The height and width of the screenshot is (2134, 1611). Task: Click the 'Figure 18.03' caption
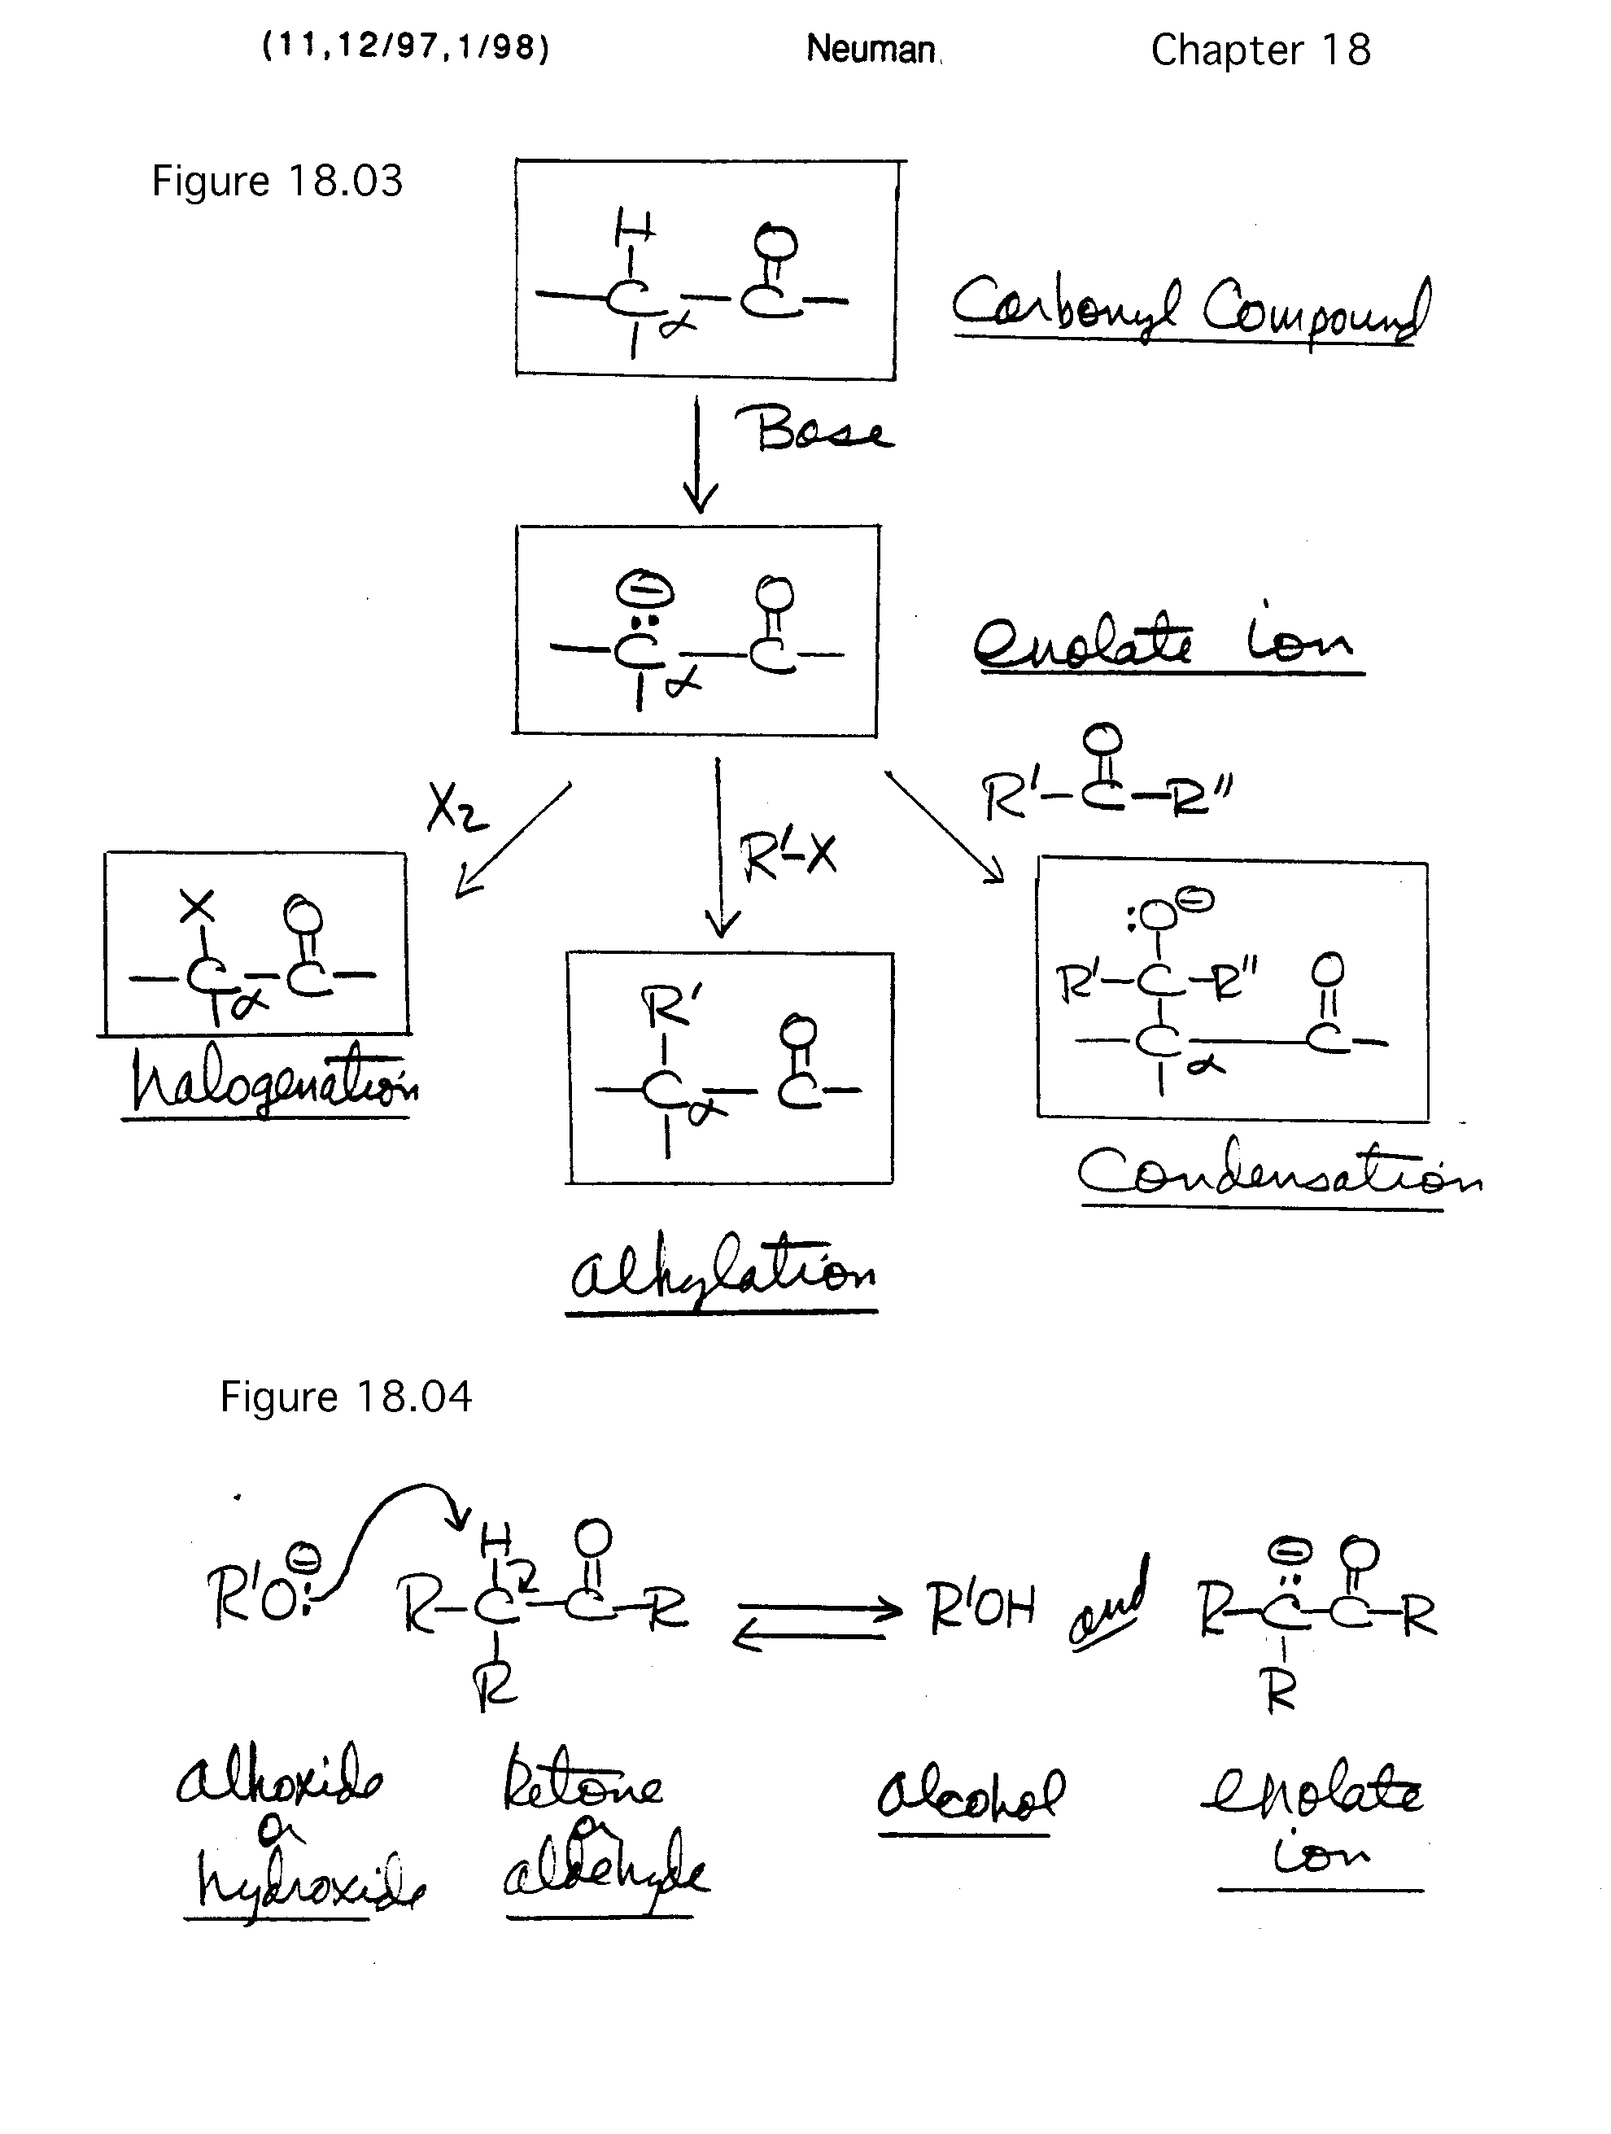click(x=277, y=181)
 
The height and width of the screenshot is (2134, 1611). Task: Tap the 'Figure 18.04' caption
click(x=345, y=1396)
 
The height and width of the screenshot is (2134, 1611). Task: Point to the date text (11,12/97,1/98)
click(x=405, y=47)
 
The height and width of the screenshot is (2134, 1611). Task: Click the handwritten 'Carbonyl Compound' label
click(x=1190, y=307)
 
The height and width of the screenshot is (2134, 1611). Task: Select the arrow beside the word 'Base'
click(x=700, y=458)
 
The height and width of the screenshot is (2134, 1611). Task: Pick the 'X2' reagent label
click(x=456, y=807)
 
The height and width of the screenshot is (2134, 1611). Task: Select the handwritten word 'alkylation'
click(x=723, y=1270)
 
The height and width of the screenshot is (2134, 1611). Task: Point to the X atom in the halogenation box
click(x=198, y=906)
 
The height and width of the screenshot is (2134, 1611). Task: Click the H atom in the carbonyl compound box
click(x=634, y=230)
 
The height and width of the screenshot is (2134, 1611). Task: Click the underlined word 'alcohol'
click(x=970, y=1794)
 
